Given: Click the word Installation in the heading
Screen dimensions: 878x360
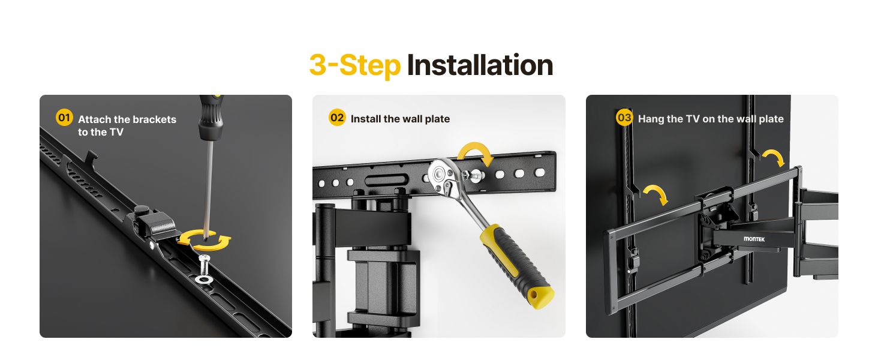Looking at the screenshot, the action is (480, 65).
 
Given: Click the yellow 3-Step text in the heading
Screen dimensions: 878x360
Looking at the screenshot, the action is (355, 66).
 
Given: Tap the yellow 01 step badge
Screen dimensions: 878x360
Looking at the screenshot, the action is (64, 117).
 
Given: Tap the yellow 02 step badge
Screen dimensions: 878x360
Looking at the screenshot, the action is (337, 117).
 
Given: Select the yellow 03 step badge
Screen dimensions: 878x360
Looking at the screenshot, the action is (624, 117).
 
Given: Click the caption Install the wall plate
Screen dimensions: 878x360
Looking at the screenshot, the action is (400, 119).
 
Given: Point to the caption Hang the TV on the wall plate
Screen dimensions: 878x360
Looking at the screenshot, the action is (711, 119).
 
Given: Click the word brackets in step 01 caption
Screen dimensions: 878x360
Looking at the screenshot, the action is (155, 119).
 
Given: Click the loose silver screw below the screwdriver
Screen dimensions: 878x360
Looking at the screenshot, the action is (205, 265).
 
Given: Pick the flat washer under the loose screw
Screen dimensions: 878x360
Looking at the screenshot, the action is (205, 279).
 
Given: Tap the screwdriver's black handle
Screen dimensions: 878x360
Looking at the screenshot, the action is (211, 118).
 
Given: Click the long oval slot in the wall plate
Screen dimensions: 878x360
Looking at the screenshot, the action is (387, 181).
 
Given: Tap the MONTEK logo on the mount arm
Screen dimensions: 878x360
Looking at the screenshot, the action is (754, 239).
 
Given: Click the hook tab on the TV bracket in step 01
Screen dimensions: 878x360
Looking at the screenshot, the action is (91, 157).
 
